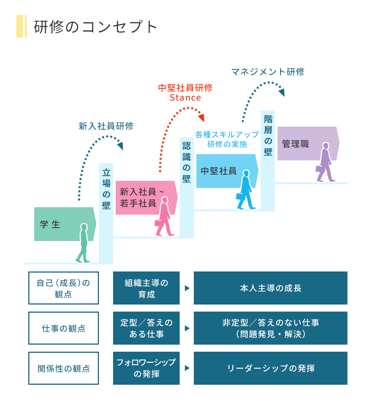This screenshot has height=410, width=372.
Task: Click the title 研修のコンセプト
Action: pos(96,27)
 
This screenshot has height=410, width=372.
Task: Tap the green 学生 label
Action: pos(51,224)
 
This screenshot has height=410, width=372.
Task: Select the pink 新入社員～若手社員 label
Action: pos(138,198)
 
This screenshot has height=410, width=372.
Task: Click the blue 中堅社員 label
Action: pos(218,171)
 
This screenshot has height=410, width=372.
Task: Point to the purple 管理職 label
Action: pos(295,144)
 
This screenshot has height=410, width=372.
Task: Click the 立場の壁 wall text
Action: pos(106,189)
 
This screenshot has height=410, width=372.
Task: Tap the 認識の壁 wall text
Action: pos(187,162)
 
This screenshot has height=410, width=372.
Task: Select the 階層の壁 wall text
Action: pos(268,135)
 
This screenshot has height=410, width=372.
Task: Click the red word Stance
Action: pos(185,98)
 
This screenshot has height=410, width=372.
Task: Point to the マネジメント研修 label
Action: pos(268,72)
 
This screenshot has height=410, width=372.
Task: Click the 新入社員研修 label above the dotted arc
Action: pos(106,126)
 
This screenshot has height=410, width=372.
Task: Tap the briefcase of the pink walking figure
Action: pos(159,223)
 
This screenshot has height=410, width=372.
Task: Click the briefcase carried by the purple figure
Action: pos(319,169)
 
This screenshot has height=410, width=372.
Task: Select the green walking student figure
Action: pos(83,243)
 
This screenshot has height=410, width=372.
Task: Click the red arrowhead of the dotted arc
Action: pos(202,118)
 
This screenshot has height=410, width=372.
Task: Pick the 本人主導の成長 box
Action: pos(270,288)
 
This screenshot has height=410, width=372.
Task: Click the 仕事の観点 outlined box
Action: pos(64,328)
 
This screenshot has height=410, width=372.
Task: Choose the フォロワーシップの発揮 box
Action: pos(146,368)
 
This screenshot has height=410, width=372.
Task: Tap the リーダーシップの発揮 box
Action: pos(270,368)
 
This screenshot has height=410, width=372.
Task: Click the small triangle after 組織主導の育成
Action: pos(187,288)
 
